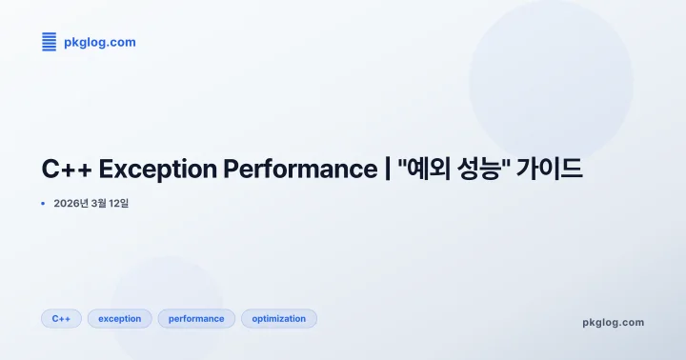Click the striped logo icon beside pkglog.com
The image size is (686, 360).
coord(50,42)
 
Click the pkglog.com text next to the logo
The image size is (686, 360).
coord(99,42)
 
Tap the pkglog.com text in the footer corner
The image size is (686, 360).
coord(613,322)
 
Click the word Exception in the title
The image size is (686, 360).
coord(157,170)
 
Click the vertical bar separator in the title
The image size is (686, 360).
coord(388,170)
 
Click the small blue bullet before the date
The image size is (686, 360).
coord(43,203)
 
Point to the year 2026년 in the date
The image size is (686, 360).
coord(71,203)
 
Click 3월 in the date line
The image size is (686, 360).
coord(101,203)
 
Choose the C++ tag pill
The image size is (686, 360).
coord(61,319)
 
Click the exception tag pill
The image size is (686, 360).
coord(119,319)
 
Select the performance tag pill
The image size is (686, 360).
coord(196,319)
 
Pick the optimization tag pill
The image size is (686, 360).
coord(279,319)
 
